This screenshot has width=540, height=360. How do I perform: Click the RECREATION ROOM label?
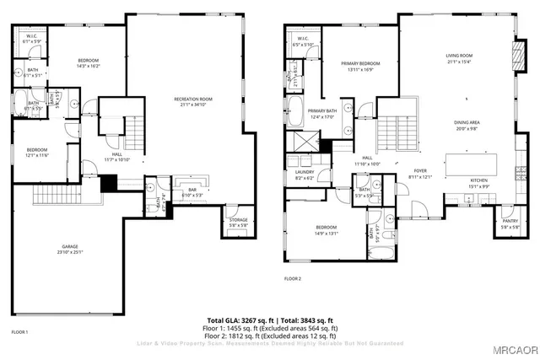193,99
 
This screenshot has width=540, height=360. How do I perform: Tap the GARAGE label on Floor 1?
68,246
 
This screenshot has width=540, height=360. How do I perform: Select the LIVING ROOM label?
460,56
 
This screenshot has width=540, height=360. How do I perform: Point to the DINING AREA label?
467,122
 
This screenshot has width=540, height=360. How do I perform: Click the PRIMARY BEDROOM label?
360,63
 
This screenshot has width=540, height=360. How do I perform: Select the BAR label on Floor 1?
192,190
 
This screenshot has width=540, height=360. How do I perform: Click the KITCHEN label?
479,180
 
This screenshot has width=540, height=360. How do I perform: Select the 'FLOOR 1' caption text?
19,332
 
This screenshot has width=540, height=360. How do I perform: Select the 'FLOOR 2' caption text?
293,277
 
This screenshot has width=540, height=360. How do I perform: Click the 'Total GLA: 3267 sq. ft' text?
237,320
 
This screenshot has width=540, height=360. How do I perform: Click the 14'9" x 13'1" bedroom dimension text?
326,233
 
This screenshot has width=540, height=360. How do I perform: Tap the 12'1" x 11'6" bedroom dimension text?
38,154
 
